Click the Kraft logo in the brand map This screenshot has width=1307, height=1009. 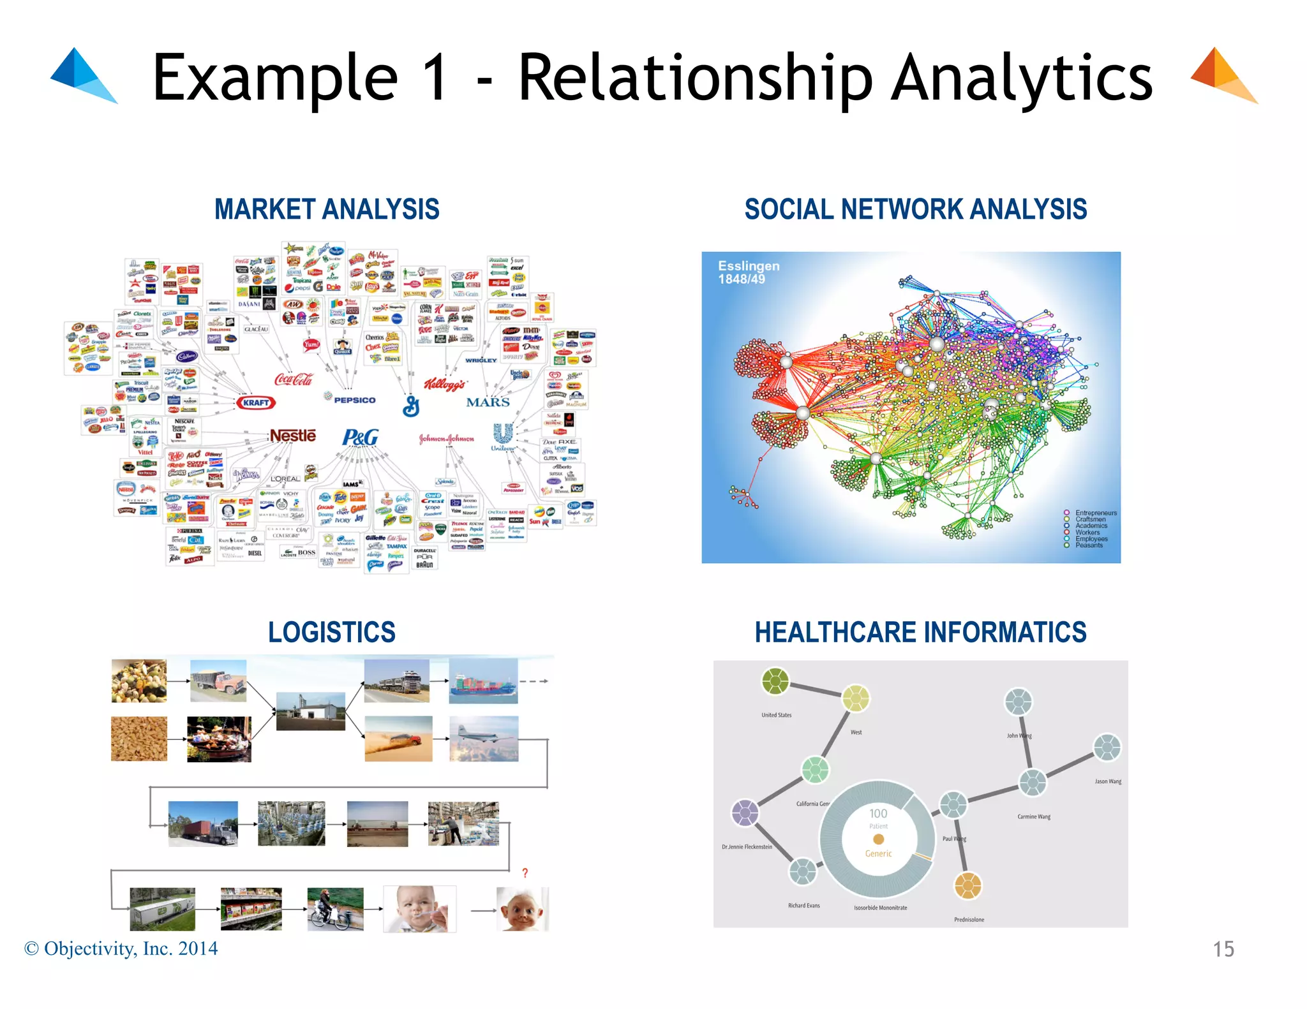coord(256,402)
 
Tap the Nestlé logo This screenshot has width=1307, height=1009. coord(293,436)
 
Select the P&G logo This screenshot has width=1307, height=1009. coord(360,438)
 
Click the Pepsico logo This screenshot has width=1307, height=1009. coord(354,400)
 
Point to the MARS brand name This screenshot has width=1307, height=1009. coord(488,402)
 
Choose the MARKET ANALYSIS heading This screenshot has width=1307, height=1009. coord(327,209)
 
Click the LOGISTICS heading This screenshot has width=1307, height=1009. coord(331,632)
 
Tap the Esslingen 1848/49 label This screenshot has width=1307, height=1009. coord(749,272)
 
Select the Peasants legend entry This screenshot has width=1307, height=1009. coord(1089,545)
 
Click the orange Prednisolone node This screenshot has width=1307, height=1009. coord(967,885)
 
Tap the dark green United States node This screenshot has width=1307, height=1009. coord(775,681)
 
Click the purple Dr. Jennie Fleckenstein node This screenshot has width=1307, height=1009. coord(745,813)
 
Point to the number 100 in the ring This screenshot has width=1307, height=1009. coord(878,813)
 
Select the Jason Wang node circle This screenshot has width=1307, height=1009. coord(1107,748)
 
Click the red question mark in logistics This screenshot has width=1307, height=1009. coord(525,873)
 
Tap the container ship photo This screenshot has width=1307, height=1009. coord(483,682)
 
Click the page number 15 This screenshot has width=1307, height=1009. coord(1223,949)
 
